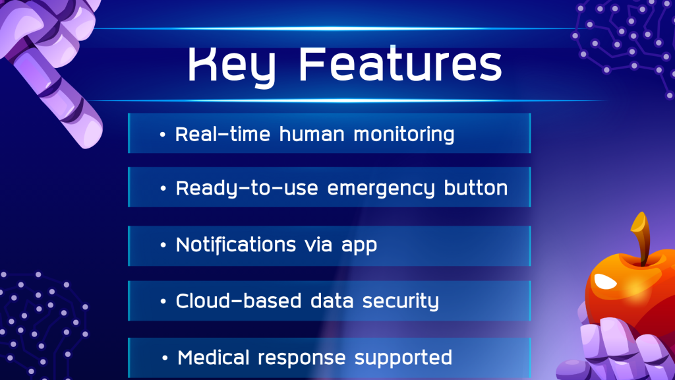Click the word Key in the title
tap(231, 66)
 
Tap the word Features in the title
tap(400, 64)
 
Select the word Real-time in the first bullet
tap(223, 134)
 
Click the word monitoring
tap(404, 135)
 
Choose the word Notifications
tap(236, 244)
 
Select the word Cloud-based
tap(238, 300)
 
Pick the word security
tap(400, 301)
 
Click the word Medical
tap(213, 358)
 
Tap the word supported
tap(403, 358)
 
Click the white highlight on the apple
tap(606, 281)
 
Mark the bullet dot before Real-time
tap(162, 135)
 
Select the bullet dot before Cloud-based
tap(163, 301)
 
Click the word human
tap(312, 135)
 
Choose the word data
tap(332, 301)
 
